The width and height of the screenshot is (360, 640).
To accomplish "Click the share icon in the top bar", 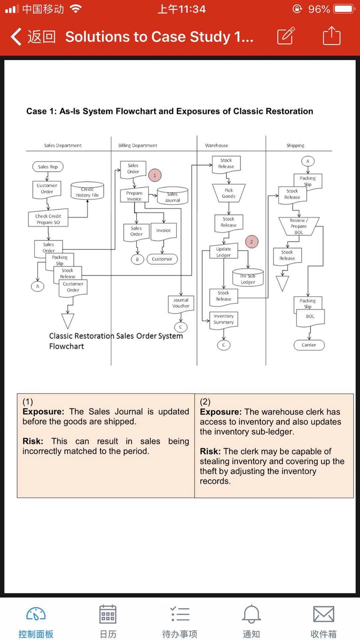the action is [332, 36].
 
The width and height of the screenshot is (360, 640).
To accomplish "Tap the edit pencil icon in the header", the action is [286, 36].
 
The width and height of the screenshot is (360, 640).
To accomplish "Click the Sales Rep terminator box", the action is [48, 167].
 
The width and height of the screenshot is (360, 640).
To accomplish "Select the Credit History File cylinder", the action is [87, 191].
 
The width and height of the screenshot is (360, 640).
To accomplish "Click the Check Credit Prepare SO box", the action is [48, 219].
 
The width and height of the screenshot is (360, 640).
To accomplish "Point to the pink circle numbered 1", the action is [155, 175].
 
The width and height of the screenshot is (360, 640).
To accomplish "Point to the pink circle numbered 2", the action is [251, 242].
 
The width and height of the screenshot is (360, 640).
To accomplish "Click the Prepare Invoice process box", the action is [134, 196].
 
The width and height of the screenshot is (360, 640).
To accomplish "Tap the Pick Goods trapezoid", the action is [229, 193].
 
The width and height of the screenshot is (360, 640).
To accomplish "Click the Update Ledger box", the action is [224, 252].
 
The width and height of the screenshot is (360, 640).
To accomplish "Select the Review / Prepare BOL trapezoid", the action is [298, 226].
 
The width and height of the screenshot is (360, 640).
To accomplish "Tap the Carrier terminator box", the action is [309, 345].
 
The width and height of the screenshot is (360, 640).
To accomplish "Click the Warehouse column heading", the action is [217, 145].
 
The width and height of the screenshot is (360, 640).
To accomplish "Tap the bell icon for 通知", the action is [251, 614].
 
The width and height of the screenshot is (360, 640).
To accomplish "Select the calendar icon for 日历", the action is [108, 614].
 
